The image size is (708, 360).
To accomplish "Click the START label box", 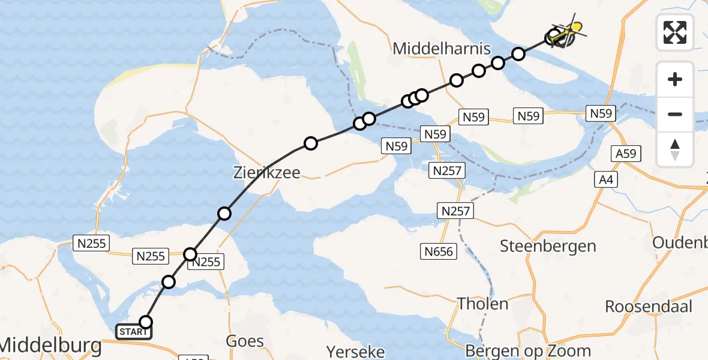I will click(x=133, y=332).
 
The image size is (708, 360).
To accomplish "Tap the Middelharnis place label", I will click(x=442, y=49).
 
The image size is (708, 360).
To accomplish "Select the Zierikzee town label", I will click(x=266, y=173).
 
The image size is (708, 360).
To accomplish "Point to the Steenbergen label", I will click(x=548, y=246).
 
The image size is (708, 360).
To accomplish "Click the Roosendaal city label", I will click(x=649, y=306).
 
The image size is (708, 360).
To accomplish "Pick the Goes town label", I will click(x=245, y=341).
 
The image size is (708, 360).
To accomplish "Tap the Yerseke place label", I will click(x=355, y=351).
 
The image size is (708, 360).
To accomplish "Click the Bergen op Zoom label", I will click(x=528, y=351).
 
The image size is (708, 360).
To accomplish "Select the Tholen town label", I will click(x=482, y=303).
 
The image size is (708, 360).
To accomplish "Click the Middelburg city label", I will click(x=50, y=345).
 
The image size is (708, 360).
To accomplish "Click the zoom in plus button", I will click(x=675, y=79).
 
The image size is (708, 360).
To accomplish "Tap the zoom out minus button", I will click(x=675, y=114).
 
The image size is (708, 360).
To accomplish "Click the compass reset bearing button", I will click(x=675, y=149).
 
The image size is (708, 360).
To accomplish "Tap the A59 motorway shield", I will click(x=626, y=154).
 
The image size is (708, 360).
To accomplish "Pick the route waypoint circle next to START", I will click(x=146, y=322).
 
